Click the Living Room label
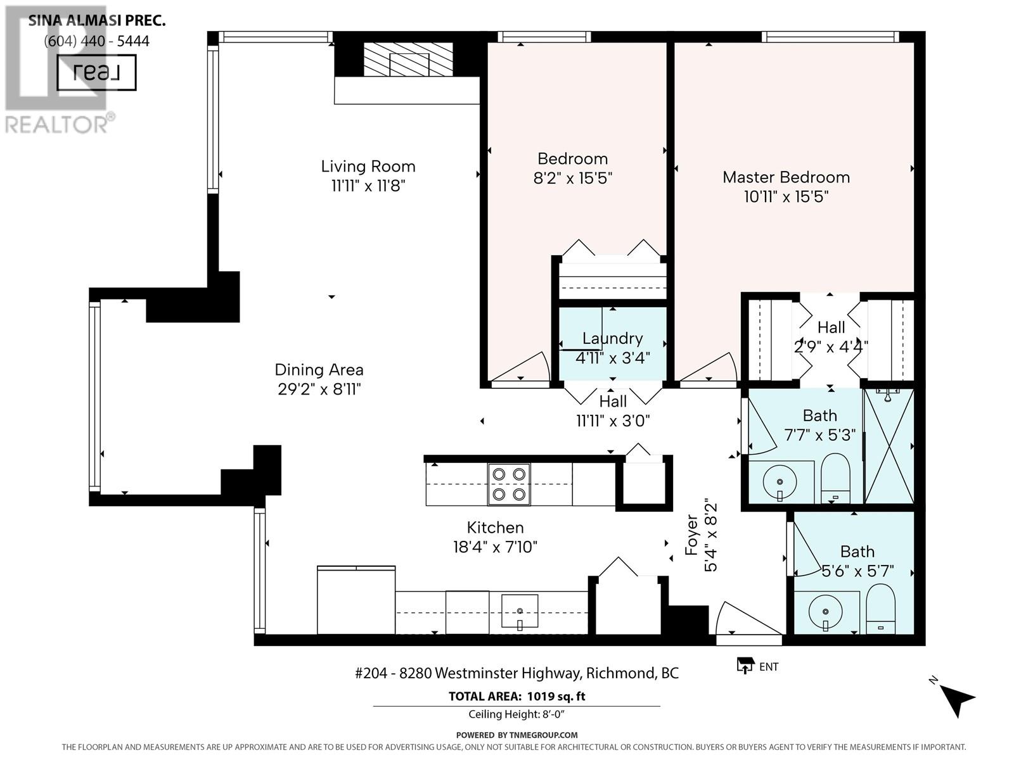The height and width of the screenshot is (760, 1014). click(368, 166)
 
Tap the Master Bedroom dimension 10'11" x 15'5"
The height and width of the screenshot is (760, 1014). click(786, 197)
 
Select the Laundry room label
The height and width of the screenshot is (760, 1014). click(613, 339)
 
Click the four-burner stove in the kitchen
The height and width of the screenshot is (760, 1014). click(509, 484)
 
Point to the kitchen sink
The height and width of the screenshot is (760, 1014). click(520, 611)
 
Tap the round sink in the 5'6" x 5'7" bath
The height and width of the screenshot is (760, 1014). click(825, 612)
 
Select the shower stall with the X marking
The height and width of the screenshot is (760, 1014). click(889, 446)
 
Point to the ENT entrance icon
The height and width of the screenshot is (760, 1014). click(745, 666)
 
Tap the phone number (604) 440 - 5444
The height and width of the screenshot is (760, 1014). click(96, 41)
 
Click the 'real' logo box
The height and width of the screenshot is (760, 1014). click(96, 72)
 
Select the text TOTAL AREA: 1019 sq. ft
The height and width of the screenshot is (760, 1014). click(517, 696)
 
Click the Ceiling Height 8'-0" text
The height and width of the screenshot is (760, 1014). click(517, 714)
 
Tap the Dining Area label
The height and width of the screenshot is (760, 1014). click(319, 370)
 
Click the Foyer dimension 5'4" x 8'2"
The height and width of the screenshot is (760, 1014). click(710, 537)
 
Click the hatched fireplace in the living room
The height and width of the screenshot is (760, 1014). click(408, 59)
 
